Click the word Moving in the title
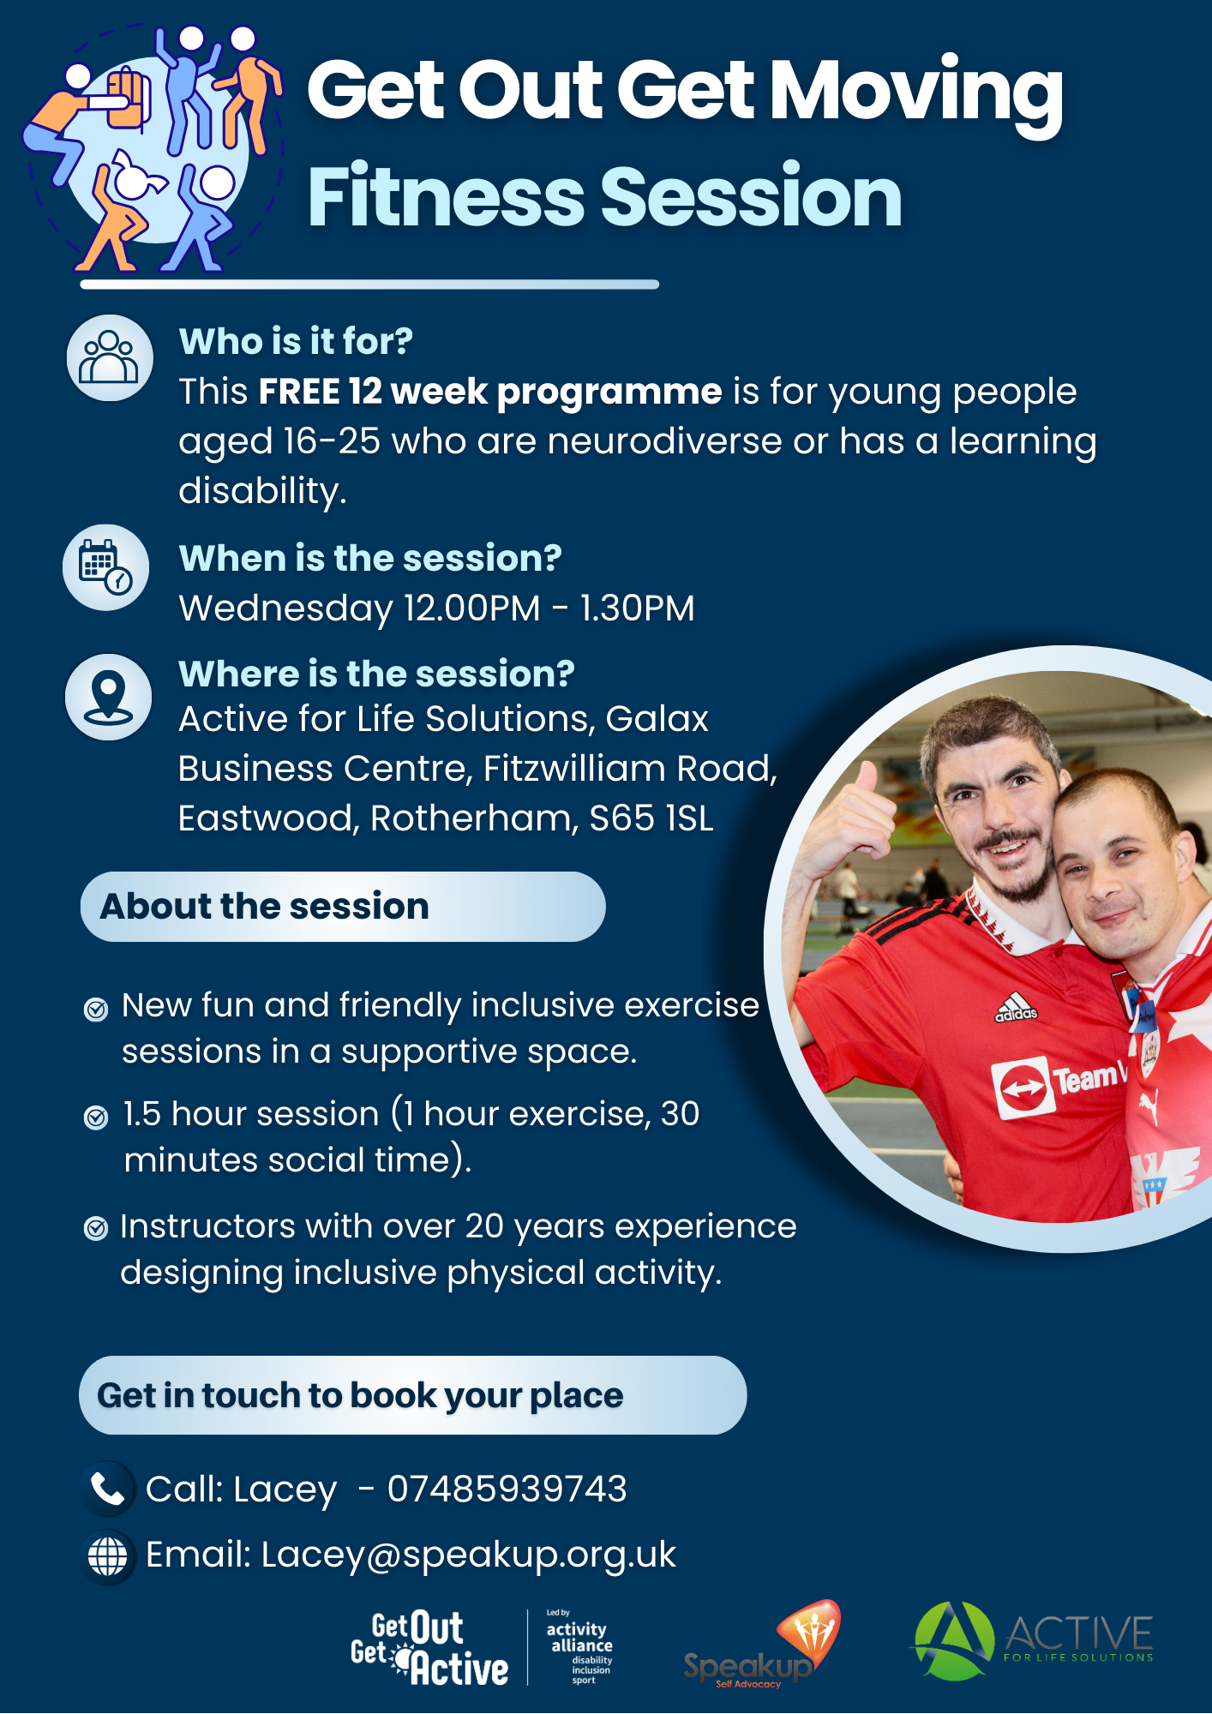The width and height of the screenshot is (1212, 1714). tap(916, 93)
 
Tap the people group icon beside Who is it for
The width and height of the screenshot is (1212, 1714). tap(109, 357)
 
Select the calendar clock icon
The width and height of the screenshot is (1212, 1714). tap(105, 567)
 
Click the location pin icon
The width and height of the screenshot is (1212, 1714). tap(108, 697)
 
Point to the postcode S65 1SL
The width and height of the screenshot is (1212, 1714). tap(651, 818)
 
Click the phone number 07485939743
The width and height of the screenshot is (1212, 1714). tap(507, 1489)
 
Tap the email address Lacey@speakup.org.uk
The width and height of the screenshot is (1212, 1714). tap(469, 1555)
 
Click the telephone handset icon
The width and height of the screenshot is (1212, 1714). tap(108, 1489)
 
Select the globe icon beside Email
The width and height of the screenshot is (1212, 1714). tap(108, 1556)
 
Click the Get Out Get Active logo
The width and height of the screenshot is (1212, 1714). tap(429, 1648)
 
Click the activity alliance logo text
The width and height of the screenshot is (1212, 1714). tap(579, 1647)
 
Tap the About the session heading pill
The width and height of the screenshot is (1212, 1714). tap(343, 907)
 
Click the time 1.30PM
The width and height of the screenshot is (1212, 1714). tap(637, 608)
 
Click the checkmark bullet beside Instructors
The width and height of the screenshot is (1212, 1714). tap(96, 1228)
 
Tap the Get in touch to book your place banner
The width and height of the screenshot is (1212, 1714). tap(412, 1395)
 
